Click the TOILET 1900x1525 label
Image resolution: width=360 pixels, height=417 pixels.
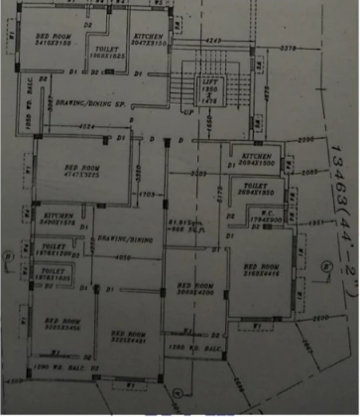coord(103,52)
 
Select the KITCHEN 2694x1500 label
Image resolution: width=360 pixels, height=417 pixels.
coord(252,159)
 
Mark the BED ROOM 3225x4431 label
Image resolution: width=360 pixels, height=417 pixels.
coord(129,336)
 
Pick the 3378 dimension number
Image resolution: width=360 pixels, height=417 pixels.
coord(289,46)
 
